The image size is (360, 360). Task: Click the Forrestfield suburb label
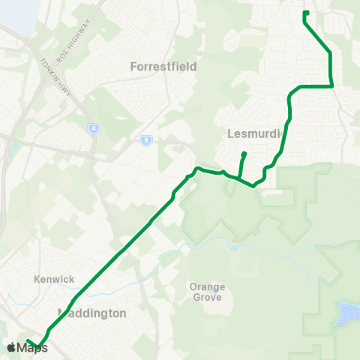click(x=163, y=66)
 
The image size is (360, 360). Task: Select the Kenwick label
click(x=55, y=279)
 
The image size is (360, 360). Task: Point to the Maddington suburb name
click(x=92, y=313)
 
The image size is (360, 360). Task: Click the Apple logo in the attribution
click(x=11, y=347)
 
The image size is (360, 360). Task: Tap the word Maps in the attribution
click(x=32, y=347)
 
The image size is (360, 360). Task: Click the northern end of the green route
click(x=306, y=12)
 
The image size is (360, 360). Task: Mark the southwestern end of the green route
click(x=28, y=341)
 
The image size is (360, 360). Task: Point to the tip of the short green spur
click(x=244, y=154)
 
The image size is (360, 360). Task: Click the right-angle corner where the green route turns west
click(x=331, y=86)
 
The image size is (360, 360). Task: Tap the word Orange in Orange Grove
click(x=208, y=286)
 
